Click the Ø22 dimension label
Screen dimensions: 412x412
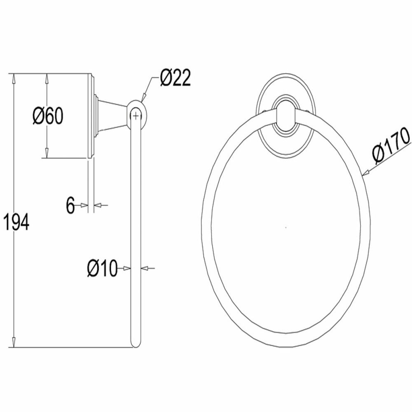(176, 77)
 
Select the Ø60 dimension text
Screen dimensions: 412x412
(48, 116)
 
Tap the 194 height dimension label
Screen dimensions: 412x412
(16, 222)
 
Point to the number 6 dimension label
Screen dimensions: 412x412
(70, 205)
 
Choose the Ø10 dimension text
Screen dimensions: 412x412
(102, 268)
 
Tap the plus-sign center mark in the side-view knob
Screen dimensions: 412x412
(136, 115)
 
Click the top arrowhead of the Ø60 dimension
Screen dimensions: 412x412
(47, 78)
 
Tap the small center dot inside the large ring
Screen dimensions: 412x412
(286, 227)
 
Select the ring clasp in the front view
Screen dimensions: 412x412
(286, 117)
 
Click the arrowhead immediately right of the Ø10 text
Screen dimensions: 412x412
(126, 268)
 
